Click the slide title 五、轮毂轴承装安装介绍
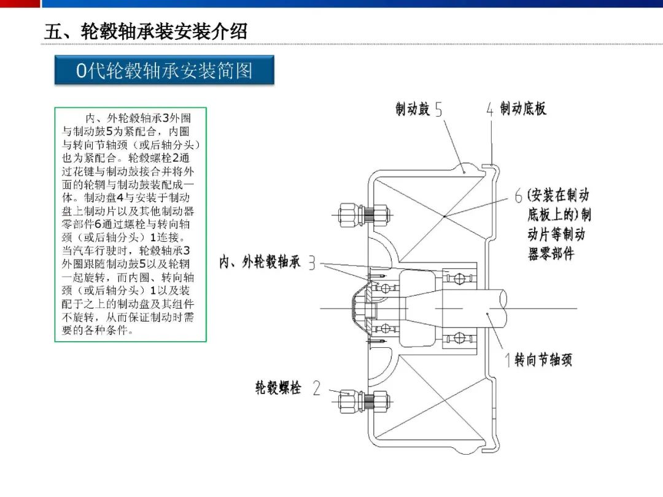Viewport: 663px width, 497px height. (x=145, y=32)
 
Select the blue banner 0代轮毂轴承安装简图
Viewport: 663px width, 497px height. (x=164, y=70)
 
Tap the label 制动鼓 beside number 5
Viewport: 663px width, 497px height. (x=413, y=109)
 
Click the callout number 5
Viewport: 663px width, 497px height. (x=438, y=109)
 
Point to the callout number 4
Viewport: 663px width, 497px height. (x=490, y=109)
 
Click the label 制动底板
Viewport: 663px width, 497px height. (x=523, y=109)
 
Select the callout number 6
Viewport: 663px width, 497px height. (x=518, y=196)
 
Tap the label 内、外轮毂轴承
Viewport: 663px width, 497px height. (x=260, y=262)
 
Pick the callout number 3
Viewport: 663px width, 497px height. (x=312, y=263)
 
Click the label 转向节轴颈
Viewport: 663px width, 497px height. (x=543, y=360)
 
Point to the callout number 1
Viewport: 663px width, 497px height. (x=508, y=360)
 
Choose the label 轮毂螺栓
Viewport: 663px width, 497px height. (x=278, y=388)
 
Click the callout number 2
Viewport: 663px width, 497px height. (x=316, y=388)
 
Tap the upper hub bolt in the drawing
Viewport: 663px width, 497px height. (x=363, y=215)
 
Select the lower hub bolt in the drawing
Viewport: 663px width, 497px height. (x=363, y=401)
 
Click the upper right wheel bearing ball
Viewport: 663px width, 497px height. (x=459, y=279)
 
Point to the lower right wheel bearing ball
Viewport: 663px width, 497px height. (x=459, y=337)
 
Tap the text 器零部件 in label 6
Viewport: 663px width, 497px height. (x=551, y=253)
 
